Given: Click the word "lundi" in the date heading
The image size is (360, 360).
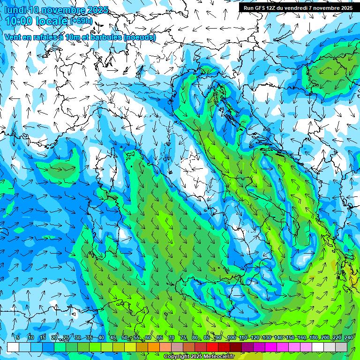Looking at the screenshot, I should point(15,10).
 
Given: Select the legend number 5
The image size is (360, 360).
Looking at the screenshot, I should point(18,338).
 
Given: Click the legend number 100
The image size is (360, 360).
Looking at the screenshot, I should point(231,338).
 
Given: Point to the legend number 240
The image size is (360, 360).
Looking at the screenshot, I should point(348,338).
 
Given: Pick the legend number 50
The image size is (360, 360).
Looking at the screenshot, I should point(124,338).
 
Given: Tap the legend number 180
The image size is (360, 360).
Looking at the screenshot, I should point(313,338).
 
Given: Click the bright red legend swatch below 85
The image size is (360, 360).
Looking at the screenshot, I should point(212,347).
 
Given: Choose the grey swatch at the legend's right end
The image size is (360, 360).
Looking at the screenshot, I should point(341,347).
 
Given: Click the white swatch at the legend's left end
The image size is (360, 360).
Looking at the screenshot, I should point(13,347).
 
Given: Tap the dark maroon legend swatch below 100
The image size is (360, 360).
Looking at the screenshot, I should point(236,347).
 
